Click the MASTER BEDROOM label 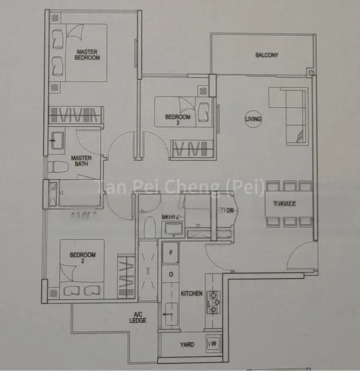coord(87,54)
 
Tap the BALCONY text coord(267,55)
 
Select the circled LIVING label coord(252,119)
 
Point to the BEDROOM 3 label coord(178,119)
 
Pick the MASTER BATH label coord(81,161)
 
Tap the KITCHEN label coord(191,294)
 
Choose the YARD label coord(187,345)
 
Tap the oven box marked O coord(170,274)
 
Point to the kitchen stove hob coord(214,302)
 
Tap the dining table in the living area coord(288,204)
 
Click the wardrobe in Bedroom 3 coord(193,149)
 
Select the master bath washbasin coord(60,140)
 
